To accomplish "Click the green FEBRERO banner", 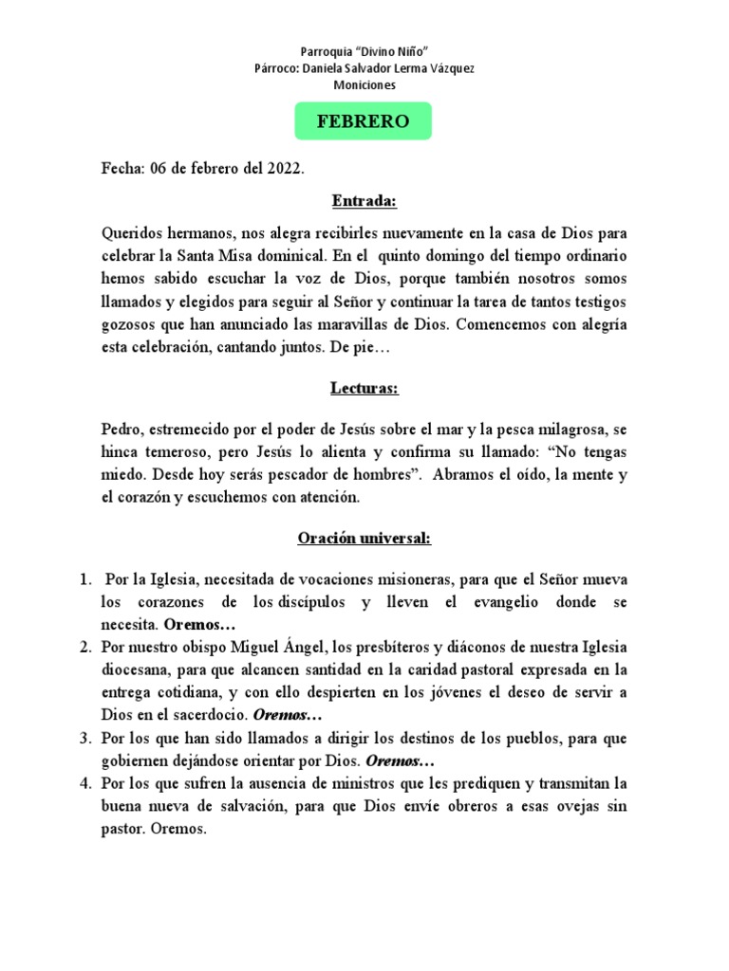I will tap(364, 121).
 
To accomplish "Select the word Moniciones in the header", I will tap(364, 84).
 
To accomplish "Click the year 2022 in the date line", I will tap(284, 169).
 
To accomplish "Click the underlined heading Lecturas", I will tap(364, 388).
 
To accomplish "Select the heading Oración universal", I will tap(364, 538).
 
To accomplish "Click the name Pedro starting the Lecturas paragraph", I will tap(121, 428).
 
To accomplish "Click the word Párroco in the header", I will tap(277, 67).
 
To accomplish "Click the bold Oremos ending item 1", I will tap(198, 626).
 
